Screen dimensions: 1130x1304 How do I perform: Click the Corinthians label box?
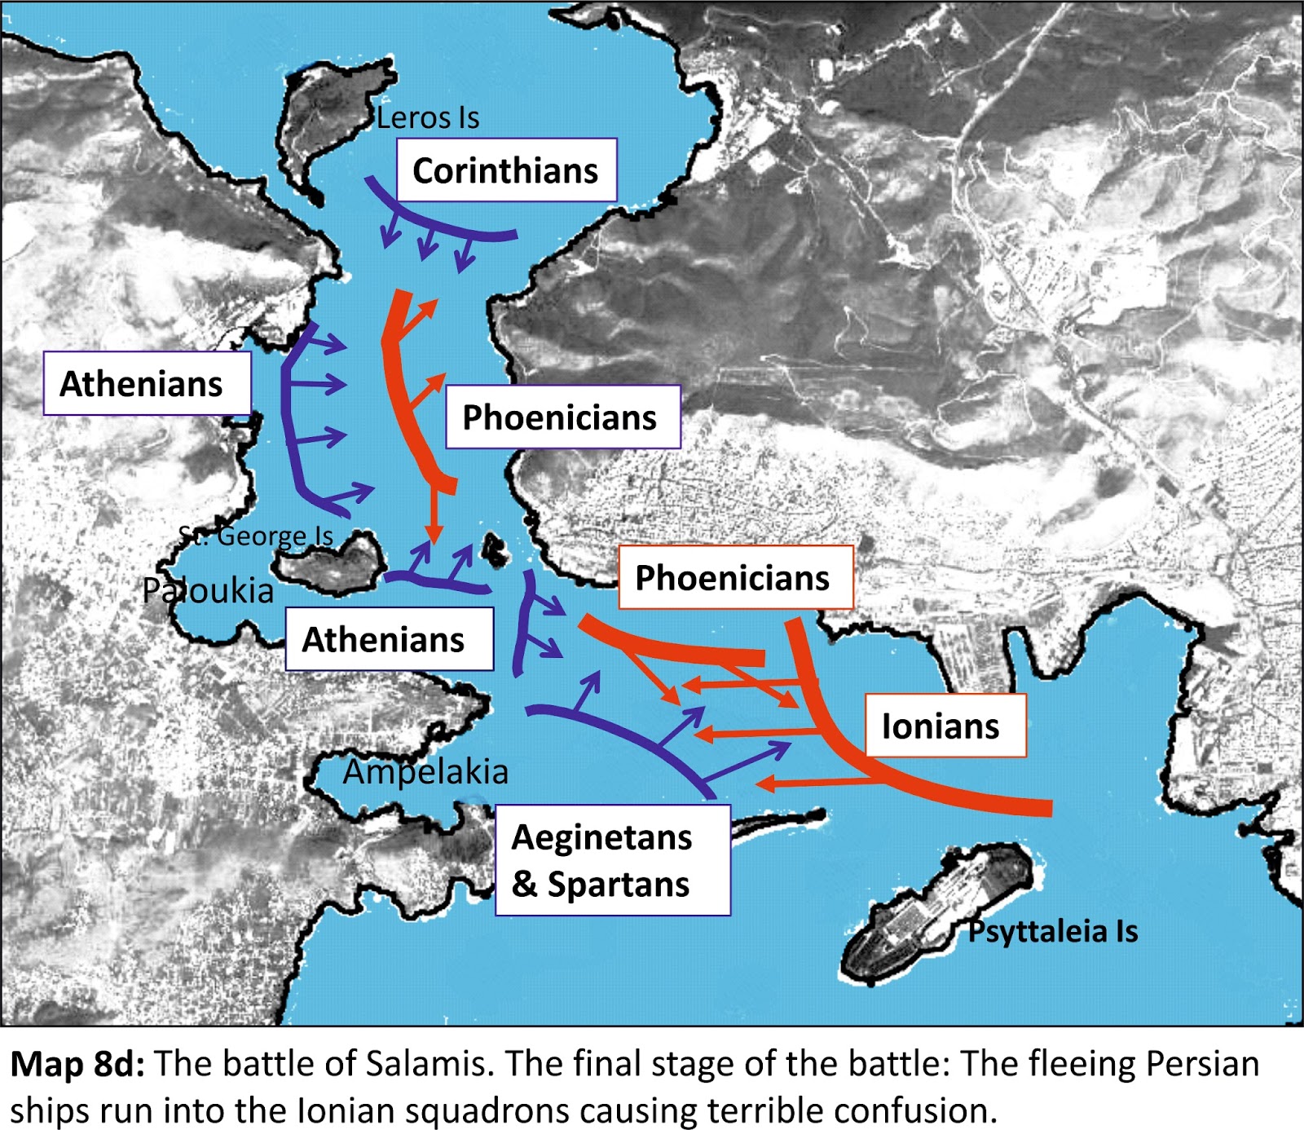pos(506,170)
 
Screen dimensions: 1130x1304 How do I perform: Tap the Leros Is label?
pos(428,118)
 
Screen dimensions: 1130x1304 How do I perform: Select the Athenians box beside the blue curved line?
pos(146,383)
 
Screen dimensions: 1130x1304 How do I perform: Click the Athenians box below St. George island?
pos(389,639)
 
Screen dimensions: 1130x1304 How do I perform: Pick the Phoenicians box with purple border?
pos(562,417)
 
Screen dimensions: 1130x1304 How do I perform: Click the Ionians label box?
pos(944,726)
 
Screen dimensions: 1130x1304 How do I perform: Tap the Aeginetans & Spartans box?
pos(612,860)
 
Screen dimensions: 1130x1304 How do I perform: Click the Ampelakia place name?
pos(425,771)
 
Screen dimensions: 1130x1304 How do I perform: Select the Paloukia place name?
pos(208,590)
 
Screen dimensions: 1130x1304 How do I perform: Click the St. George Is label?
pos(256,536)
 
